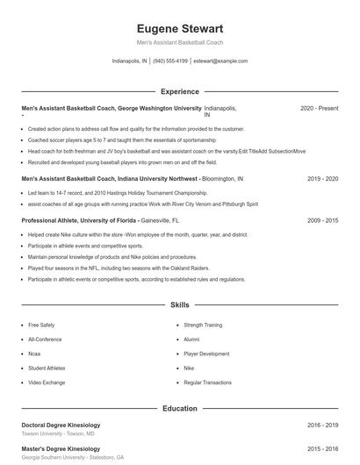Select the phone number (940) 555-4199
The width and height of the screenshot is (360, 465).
click(170, 61)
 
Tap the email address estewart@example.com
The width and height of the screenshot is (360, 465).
click(220, 61)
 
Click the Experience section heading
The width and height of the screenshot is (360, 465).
click(180, 91)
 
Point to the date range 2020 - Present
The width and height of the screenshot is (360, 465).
click(319, 108)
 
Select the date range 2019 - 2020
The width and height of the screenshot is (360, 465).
click(322, 178)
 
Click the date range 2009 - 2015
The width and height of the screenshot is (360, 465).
click(322, 221)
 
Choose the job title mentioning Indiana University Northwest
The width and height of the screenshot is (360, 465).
click(111, 178)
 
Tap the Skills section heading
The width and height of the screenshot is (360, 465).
click(180, 305)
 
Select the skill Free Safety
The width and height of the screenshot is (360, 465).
click(41, 325)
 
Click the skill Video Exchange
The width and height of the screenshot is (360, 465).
click(46, 383)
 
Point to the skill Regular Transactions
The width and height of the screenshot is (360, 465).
click(207, 383)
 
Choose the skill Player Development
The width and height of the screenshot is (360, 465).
click(206, 354)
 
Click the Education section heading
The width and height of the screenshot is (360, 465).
click(180, 408)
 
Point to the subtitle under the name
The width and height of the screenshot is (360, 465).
click(180, 42)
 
